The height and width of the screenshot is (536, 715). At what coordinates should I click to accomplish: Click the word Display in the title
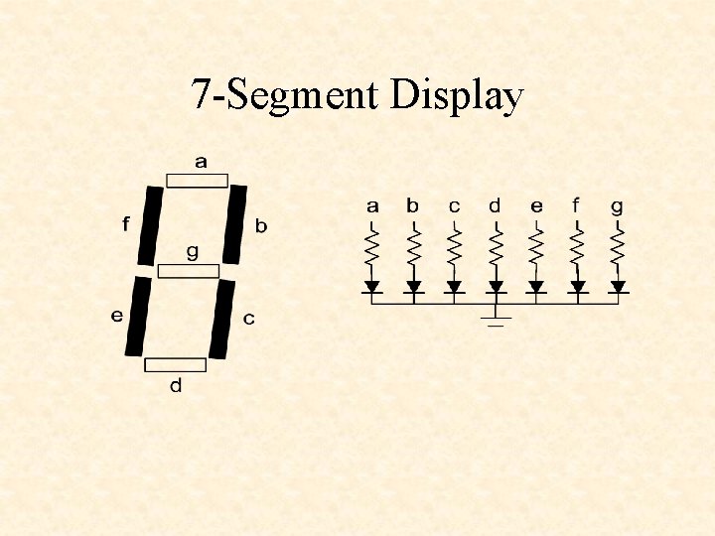457,97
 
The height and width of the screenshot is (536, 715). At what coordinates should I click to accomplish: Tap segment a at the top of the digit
197,181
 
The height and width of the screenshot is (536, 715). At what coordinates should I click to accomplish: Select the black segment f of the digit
150,225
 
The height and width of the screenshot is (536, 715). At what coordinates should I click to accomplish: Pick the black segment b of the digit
235,224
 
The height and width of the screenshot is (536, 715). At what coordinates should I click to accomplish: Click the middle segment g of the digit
189,271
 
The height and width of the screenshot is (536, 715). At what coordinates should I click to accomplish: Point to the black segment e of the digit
138,317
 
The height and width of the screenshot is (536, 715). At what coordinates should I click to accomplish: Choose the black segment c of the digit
223,318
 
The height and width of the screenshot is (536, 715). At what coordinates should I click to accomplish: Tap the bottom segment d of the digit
176,364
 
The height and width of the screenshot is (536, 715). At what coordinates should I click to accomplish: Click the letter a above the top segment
201,162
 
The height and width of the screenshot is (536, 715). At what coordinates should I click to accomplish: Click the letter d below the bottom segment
176,385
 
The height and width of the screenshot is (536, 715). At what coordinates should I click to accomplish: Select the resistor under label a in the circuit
372,247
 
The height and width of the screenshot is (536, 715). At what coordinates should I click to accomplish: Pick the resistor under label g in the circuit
618,247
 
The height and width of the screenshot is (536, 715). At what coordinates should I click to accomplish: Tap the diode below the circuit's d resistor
496,287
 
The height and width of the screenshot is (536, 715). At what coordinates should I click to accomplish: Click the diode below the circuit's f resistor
577,287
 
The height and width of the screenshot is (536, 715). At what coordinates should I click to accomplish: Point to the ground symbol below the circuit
496,319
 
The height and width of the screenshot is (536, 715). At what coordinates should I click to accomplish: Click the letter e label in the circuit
536,206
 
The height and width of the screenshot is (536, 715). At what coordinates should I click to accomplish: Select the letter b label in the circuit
412,206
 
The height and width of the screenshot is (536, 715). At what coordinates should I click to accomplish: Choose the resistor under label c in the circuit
454,247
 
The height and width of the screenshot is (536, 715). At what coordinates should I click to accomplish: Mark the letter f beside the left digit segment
125,224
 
